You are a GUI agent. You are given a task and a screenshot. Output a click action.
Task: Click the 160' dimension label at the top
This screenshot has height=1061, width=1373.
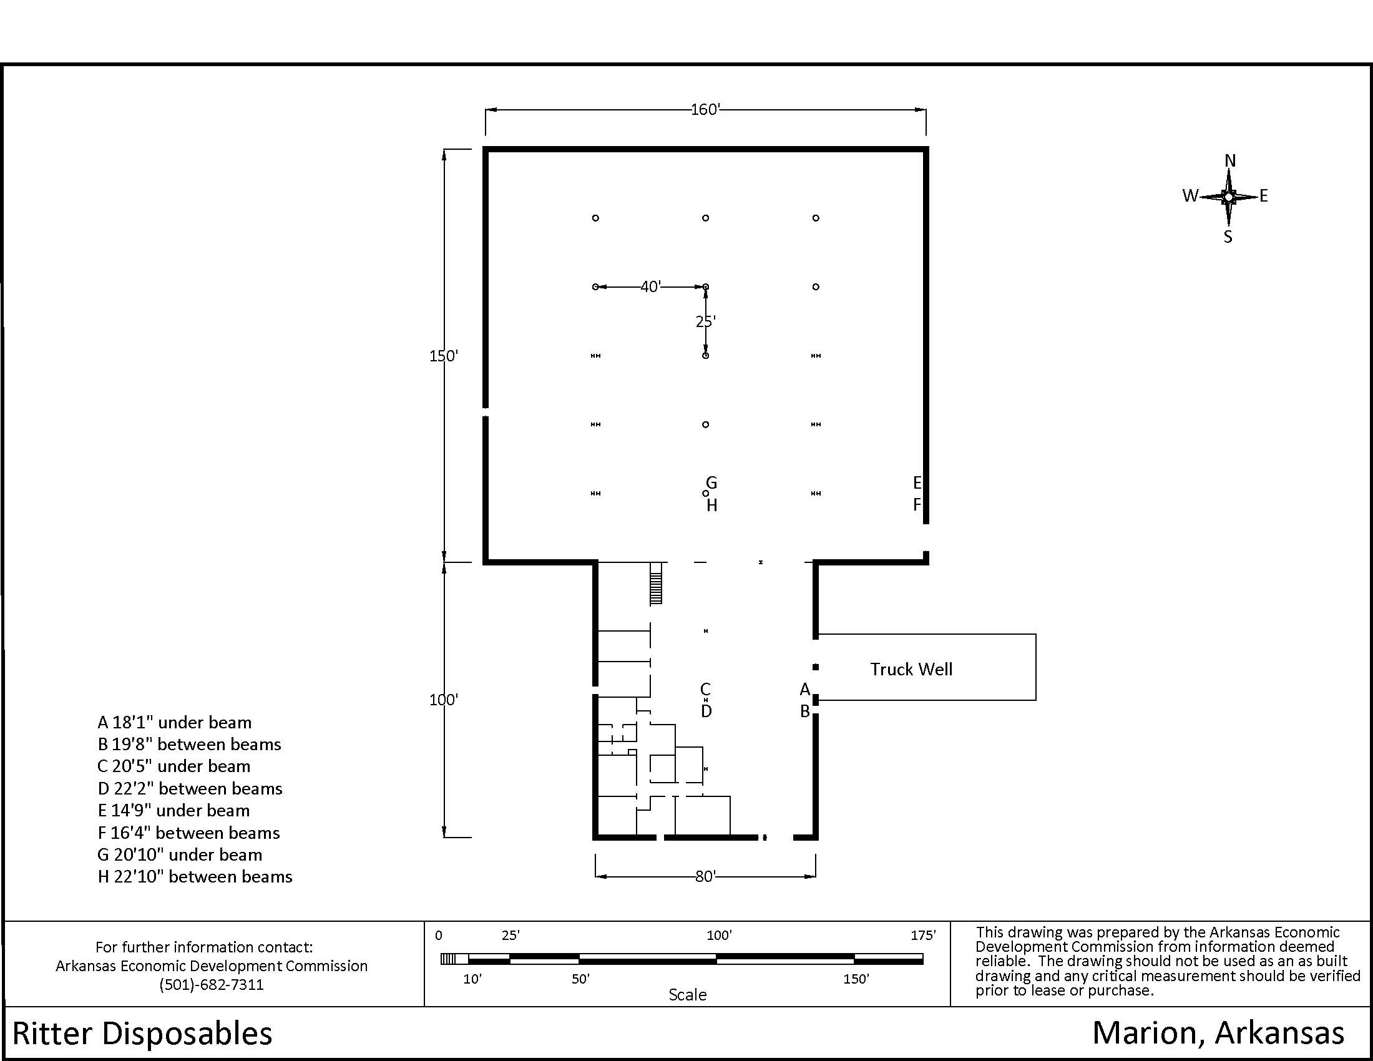(705, 109)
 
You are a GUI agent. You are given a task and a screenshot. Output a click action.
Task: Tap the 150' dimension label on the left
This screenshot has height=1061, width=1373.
(444, 356)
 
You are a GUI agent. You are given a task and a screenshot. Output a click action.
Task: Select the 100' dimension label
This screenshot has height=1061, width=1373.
(444, 700)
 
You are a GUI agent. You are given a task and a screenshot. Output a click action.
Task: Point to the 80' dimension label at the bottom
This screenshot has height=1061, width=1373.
(705, 876)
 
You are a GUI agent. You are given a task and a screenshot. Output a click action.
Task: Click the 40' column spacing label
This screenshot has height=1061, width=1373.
(651, 286)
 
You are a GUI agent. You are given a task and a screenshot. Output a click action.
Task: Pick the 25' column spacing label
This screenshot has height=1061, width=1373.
(706, 321)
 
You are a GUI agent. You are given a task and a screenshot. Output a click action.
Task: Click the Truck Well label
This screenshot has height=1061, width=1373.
(911, 669)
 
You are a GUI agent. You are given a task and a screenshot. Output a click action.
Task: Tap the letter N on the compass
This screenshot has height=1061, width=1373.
(1230, 161)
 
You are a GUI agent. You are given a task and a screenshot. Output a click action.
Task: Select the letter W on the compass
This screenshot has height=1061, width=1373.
(1190, 195)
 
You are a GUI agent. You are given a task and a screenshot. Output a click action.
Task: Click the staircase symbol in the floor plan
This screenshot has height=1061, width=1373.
(656, 583)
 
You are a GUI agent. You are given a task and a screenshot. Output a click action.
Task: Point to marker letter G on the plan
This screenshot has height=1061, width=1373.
(711, 482)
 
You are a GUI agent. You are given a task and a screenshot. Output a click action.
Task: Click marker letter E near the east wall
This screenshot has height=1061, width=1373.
(917, 482)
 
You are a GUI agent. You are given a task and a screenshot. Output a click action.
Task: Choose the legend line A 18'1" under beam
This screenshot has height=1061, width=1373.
(175, 723)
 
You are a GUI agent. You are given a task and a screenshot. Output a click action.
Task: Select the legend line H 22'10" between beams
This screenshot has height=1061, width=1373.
(195, 877)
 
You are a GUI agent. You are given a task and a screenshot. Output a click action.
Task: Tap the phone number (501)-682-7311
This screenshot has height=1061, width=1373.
(211, 984)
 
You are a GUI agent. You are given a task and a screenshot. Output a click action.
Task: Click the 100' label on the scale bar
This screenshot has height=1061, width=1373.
(719, 936)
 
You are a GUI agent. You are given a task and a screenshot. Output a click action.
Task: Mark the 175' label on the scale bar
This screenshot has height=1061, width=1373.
(923, 936)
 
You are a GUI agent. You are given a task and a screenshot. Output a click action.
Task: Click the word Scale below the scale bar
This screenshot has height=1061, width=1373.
(687, 995)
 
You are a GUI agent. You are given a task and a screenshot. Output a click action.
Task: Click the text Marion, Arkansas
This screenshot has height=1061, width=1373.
(1218, 1034)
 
